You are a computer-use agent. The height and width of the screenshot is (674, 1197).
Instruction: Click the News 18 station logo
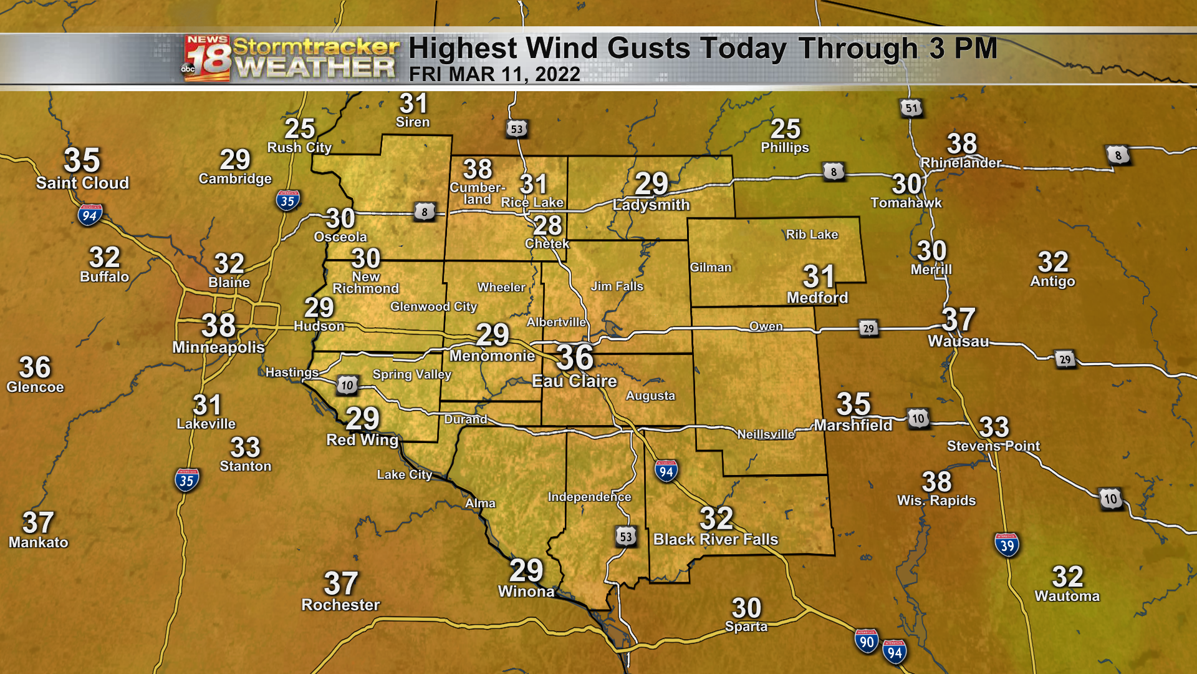[207, 58]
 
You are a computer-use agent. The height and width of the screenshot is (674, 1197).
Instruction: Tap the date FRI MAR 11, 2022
[494, 74]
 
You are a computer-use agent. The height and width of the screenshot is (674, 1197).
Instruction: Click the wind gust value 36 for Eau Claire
[575, 358]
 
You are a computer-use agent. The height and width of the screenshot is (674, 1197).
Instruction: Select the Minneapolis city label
[218, 347]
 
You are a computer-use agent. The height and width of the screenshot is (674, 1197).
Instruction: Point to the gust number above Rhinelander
[962, 144]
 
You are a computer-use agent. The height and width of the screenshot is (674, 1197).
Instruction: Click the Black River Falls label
[716, 539]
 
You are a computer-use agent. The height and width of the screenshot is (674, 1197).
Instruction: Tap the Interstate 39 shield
[1007, 545]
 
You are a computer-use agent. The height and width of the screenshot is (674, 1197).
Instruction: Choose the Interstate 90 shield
[867, 642]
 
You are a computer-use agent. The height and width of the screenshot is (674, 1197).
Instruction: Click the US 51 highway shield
[911, 108]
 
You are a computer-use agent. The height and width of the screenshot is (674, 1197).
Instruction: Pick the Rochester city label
[340, 605]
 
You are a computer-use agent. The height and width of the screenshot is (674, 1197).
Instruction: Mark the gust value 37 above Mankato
[38, 523]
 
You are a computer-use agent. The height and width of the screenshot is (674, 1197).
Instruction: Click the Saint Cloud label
[82, 183]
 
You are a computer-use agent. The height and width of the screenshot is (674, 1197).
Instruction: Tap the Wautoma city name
[1067, 597]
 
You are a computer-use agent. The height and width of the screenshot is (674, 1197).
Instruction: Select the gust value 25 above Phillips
[785, 129]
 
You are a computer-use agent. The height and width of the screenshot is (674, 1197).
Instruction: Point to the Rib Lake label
[812, 235]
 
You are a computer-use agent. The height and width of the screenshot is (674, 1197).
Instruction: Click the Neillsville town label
[766, 434]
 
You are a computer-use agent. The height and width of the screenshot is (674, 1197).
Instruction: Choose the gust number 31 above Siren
[413, 104]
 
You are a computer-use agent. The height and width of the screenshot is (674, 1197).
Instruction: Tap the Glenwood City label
[433, 306]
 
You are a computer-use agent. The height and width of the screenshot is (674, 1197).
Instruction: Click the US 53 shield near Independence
[626, 537]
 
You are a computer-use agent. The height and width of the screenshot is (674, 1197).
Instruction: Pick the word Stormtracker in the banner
[315, 47]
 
